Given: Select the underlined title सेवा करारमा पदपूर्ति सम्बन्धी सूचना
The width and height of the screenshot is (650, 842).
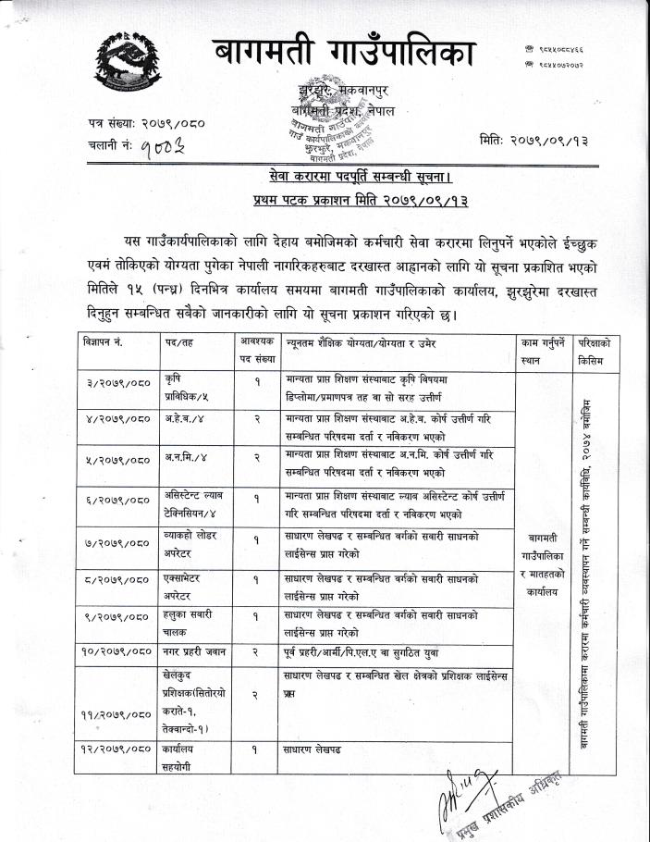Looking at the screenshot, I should [348, 177].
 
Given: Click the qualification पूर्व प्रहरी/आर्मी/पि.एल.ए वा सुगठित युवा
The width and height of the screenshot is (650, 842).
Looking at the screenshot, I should [361, 651].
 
